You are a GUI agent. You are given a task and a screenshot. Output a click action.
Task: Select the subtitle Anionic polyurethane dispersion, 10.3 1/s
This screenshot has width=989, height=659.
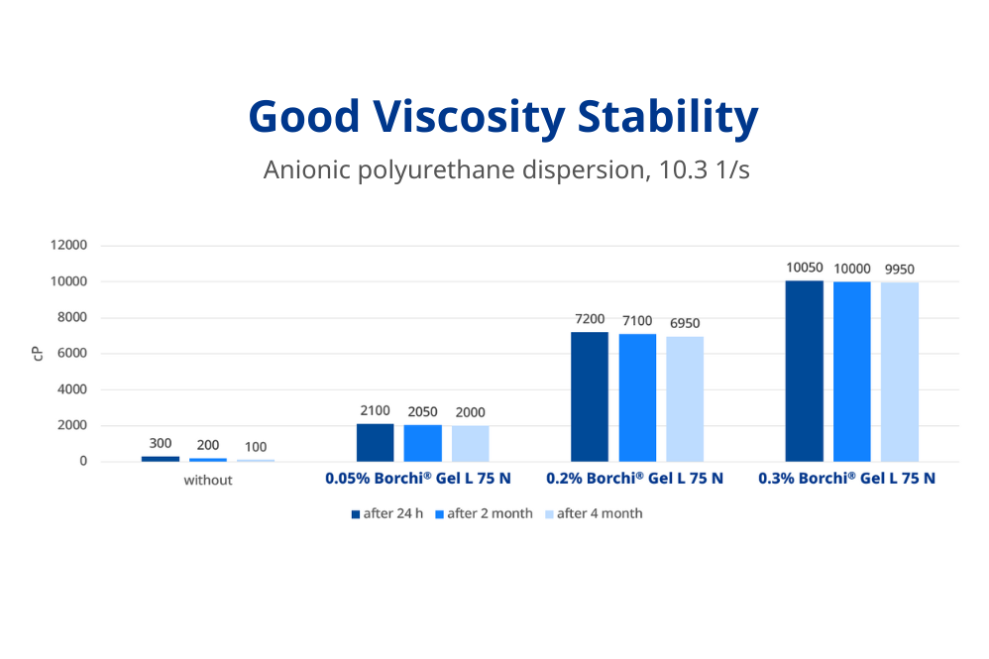point(505,169)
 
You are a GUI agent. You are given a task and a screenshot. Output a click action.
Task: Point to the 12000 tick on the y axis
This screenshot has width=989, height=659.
point(68,246)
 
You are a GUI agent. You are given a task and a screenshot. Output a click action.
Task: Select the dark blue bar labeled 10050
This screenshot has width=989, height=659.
point(804,371)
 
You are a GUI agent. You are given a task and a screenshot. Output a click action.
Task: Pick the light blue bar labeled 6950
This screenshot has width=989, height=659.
point(685,398)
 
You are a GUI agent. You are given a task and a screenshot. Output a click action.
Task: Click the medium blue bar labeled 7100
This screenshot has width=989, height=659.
point(637,397)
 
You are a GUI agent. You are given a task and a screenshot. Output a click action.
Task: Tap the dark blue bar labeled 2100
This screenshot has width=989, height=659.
point(375,442)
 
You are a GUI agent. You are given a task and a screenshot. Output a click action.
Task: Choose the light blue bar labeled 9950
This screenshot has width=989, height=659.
point(899,372)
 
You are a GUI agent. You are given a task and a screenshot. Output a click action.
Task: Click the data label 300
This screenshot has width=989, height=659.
point(161,444)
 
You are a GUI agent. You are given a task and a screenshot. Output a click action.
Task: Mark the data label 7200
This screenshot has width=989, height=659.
point(590,319)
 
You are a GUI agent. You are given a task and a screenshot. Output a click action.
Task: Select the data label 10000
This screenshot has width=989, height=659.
point(851,270)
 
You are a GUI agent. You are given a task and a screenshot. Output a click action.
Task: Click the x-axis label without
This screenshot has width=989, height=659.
point(208,480)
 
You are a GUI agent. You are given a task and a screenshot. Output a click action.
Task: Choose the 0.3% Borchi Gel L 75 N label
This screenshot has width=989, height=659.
point(846,479)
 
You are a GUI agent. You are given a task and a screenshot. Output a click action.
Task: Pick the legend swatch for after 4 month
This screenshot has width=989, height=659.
point(545,513)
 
